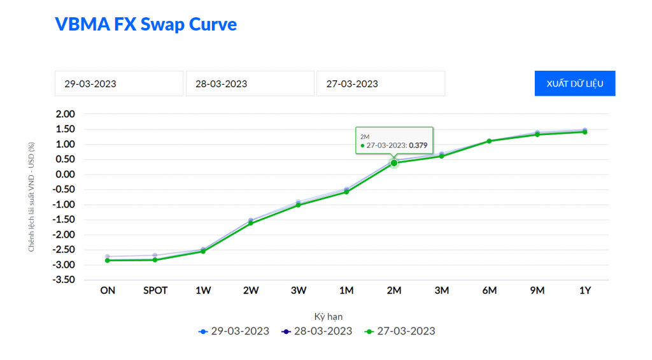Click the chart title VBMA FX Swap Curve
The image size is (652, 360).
(146, 24)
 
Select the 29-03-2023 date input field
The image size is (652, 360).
(119, 83)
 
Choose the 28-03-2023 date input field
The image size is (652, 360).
(250, 83)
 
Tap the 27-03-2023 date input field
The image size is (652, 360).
(380, 83)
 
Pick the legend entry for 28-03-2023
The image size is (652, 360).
(316, 331)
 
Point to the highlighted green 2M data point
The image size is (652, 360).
(394, 163)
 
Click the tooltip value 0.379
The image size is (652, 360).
(418, 145)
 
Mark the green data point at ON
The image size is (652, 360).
(108, 260)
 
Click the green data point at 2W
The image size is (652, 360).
(251, 223)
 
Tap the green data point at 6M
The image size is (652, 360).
(490, 141)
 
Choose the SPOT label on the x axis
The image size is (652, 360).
(155, 291)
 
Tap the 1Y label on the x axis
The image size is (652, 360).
(585, 291)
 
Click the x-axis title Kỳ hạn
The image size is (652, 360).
(329, 317)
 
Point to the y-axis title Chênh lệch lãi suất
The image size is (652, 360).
(31, 197)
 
